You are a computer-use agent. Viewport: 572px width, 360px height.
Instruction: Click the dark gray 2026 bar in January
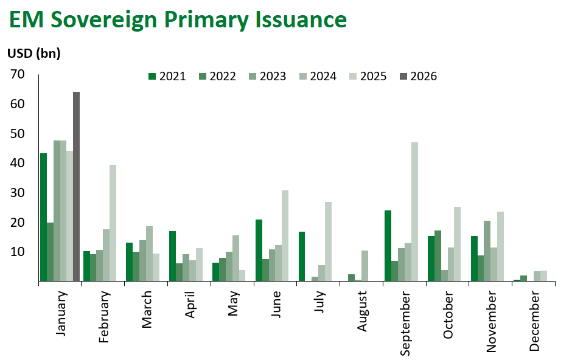click(76, 187)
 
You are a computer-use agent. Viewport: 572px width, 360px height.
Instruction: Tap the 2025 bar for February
click(112, 223)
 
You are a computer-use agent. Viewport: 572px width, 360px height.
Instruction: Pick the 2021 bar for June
click(259, 251)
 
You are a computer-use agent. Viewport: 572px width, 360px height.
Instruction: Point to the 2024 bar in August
click(364, 266)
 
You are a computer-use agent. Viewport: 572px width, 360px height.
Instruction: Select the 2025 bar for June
click(285, 236)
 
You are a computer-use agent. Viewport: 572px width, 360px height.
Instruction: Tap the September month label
click(406, 322)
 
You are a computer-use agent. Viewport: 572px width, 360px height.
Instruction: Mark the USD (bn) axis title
click(34, 53)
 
